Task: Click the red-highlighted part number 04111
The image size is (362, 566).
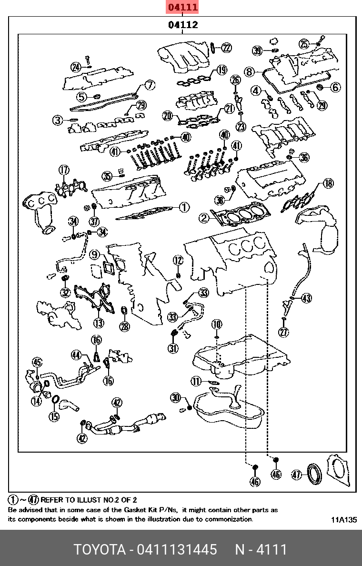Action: [x=182, y=7]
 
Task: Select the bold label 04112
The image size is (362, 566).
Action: [x=182, y=25]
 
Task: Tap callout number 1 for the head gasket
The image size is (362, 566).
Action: [x=184, y=207]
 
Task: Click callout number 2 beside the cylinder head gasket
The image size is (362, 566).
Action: [x=204, y=218]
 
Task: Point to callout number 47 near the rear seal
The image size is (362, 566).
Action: [x=297, y=475]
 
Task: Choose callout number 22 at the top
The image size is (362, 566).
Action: [x=226, y=47]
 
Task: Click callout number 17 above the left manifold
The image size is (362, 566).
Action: [x=64, y=170]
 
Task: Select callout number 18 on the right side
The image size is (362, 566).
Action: [x=328, y=183]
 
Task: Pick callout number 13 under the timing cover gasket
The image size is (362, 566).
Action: [x=98, y=323]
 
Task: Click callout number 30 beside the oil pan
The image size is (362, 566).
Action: [x=176, y=398]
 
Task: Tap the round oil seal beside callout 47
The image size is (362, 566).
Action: [x=314, y=474]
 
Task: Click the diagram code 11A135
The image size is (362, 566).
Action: [x=344, y=520]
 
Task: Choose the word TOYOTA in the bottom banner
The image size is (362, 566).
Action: [x=99, y=549]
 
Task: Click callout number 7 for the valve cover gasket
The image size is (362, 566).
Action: [x=150, y=85]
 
